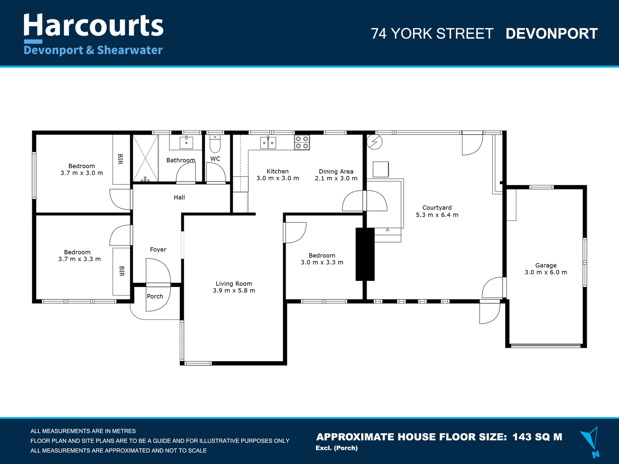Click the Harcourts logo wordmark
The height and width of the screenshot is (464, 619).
coord(93,26)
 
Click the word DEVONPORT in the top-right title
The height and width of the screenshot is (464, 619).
coord(552,34)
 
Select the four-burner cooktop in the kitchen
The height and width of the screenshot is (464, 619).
coord(302,142)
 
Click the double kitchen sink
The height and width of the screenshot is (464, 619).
coord(268,142)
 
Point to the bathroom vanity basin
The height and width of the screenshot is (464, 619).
coord(186,142)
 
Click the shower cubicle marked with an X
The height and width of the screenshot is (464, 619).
coord(145,158)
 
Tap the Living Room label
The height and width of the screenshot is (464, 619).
coord(234,284)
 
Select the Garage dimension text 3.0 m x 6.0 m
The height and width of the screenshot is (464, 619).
coord(545,272)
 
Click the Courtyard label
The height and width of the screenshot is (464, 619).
coord(437,208)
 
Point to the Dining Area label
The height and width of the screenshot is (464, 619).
coord(336,171)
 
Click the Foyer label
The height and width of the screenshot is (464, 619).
coord(158,250)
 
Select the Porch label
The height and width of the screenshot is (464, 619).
coord(155,296)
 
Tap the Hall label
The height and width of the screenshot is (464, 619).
coord(179,198)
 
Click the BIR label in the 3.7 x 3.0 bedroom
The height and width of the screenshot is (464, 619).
coord(120,159)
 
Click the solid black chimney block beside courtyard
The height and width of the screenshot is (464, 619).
coord(365,254)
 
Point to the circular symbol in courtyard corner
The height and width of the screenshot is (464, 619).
coord(375,142)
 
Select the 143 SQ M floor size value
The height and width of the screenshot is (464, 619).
coord(537,437)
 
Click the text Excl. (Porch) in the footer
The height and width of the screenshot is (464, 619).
coord(337,448)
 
